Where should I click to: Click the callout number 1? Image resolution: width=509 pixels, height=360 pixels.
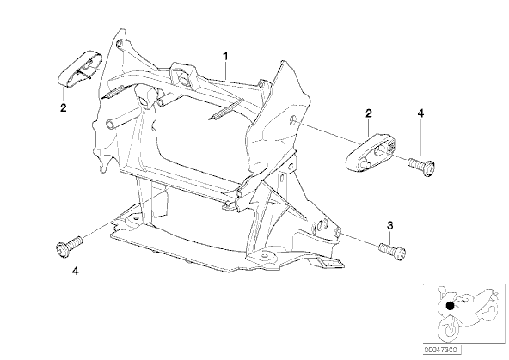pyautogui.click(x=225, y=56)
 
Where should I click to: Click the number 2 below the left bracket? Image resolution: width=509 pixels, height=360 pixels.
pyautogui.click(x=64, y=107)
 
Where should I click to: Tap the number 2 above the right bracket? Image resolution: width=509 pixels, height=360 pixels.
pyautogui.click(x=369, y=113)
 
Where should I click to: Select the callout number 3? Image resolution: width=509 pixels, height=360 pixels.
pyautogui.click(x=389, y=225)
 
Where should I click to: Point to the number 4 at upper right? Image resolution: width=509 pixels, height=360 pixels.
pyautogui.click(x=420, y=113)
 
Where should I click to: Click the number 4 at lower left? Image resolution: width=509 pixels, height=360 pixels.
pyautogui.click(x=76, y=271)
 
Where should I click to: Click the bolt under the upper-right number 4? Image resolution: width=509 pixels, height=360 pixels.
pyautogui.click(x=421, y=166)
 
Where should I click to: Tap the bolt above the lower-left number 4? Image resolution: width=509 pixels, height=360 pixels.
pyautogui.click(x=70, y=247)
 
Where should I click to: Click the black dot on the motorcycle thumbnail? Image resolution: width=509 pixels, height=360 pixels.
pyautogui.click(x=450, y=306)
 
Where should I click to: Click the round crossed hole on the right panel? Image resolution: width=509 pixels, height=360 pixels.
pyautogui.click(x=293, y=120)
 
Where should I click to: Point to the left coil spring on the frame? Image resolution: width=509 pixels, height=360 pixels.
pyautogui.click(x=113, y=92)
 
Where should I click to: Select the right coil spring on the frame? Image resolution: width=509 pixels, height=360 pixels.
pyautogui.click(x=225, y=109)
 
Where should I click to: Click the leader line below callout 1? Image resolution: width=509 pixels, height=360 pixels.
pyautogui.click(x=226, y=70)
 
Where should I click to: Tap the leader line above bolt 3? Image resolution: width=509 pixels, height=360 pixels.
pyautogui.click(x=389, y=237)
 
